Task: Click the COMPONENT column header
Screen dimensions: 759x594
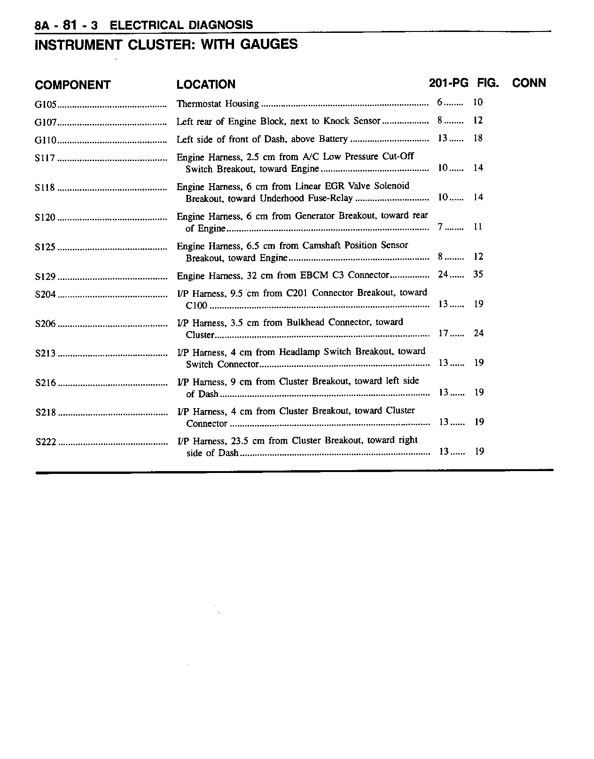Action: click(72, 85)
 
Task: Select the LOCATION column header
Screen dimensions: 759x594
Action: click(206, 85)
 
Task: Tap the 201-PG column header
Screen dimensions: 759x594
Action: click(448, 83)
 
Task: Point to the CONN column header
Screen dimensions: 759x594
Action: click(529, 83)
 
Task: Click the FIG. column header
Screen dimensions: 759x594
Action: click(488, 83)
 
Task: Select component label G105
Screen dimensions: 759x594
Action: click(46, 104)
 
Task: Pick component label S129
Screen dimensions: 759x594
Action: click(46, 277)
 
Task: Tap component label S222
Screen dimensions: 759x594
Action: click(46, 442)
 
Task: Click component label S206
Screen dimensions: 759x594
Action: click(46, 324)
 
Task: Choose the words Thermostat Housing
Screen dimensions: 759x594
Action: click(218, 103)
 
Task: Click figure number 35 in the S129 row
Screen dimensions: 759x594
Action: click(478, 274)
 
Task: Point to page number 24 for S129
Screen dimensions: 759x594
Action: click(443, 274)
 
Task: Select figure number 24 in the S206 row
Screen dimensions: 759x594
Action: click(478, 333)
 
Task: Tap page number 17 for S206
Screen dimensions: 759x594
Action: click(443, 333)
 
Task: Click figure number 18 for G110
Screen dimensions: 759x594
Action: click(478, 138)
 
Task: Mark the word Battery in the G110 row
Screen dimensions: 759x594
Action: click(333, 139)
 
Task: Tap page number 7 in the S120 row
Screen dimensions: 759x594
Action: click(440, 227)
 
